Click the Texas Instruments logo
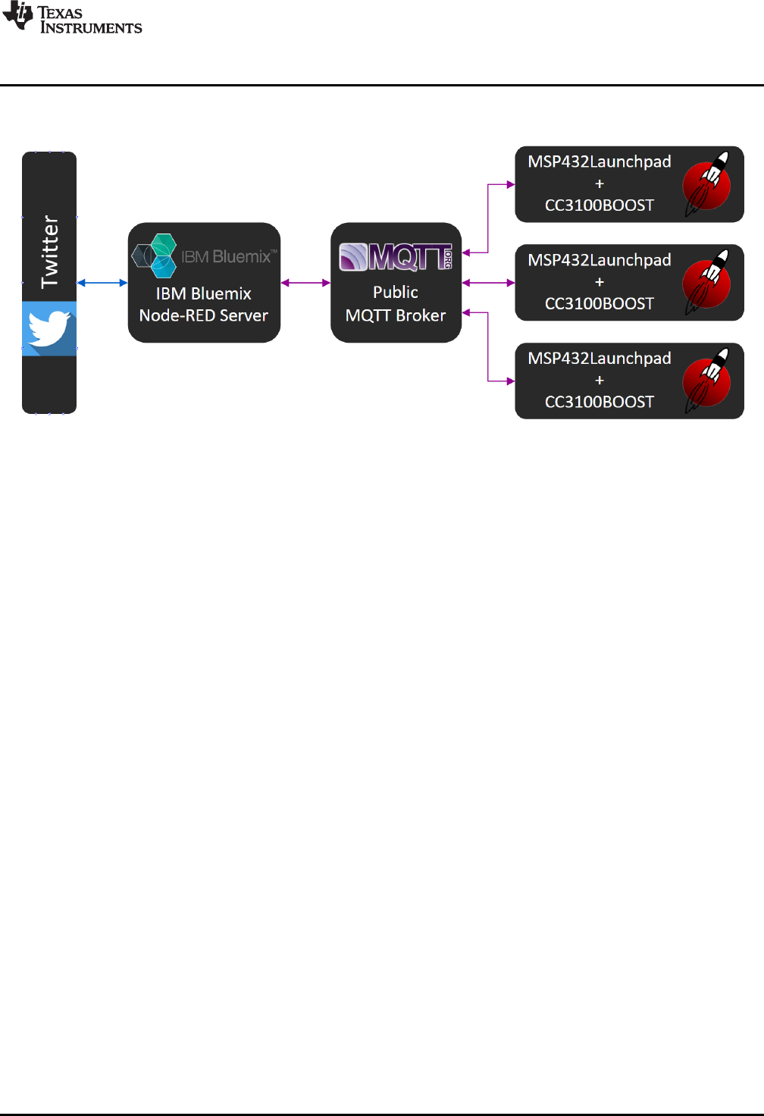coord(72,19)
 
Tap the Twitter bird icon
coord(49,329)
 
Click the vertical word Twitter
coord(49,252)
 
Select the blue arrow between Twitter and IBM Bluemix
coord(102,283)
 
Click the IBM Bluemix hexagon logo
coord(155,255)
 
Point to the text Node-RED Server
coord(203,315)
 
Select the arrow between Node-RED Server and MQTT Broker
coord(305,283)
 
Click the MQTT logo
coord(396,257)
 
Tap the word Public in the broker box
coord(396,292)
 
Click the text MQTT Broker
coord(396,315)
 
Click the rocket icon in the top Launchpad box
coord(707,184)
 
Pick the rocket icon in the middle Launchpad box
coord(707,283)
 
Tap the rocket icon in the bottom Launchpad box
coord(707,381)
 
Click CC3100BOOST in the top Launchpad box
coord(599,205)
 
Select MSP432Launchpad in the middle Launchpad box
coord(599,260)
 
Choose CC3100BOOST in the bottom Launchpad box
coord(599,402)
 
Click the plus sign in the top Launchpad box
coord(600,184)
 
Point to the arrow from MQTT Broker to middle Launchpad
coord(488,283)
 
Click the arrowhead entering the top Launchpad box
coord(511,184)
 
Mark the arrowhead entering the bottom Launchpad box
coord(511,381)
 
